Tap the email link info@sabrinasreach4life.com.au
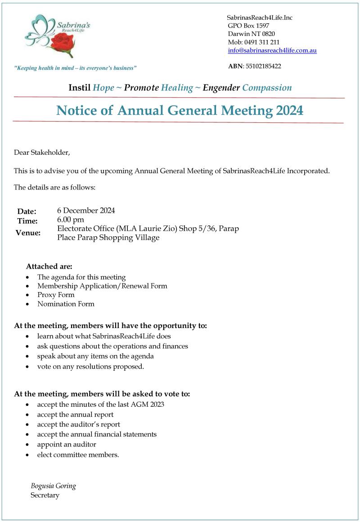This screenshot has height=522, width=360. [272, 50]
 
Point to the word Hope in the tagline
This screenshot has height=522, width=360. [103, 88]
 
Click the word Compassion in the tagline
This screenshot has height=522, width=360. [267, 88]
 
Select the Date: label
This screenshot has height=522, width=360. [27, 211]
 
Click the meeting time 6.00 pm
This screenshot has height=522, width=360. [71, 220]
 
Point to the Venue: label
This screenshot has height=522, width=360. [28, 233]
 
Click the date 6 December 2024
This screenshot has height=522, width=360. [86, 210]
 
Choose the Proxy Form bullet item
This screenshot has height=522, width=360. [56, 295]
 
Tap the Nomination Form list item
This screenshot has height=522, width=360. [66, 304]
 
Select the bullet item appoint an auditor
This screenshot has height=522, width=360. [67, 444]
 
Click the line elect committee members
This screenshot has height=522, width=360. [78, 454]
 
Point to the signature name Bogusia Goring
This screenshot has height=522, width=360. [53, 486]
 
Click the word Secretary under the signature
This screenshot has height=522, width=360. [45, 495]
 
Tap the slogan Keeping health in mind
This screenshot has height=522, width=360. [76, 68]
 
